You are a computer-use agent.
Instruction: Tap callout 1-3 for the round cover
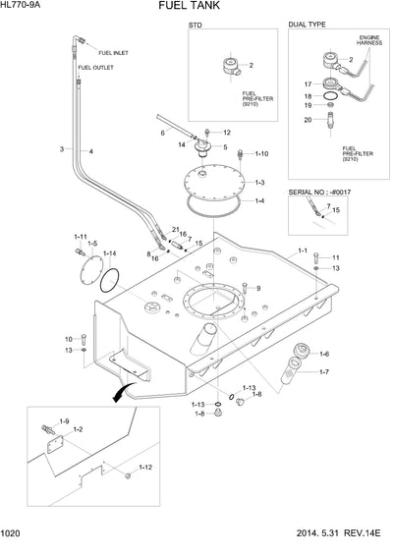pos(258,183)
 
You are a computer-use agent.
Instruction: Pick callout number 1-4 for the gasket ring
pos(258,201)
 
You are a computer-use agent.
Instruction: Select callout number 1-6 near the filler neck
pos(324,353)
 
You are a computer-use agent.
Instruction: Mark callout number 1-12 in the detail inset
pos(144,467)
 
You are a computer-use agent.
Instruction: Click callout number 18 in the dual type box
pos(308,96)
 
